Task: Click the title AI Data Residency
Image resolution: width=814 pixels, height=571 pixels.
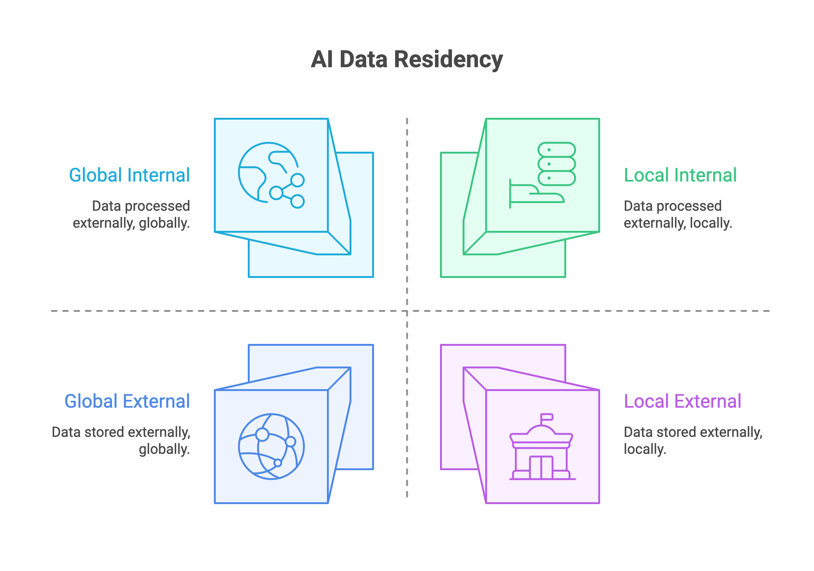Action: (x=407, y=59)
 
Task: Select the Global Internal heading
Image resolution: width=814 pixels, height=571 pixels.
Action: (x=129, y=175)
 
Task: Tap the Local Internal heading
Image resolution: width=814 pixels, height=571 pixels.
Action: (x=680, y=175)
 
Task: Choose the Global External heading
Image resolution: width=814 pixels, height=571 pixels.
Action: (x=127, y=401)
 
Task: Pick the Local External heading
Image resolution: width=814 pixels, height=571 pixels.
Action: (x=682, y=401)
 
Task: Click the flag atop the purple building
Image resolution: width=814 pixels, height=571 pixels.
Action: (x=547, y=416)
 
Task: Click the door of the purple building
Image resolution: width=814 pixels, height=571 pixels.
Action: (x=541, y=467)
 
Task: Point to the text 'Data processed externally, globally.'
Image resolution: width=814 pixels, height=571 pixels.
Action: (x=132, y=215)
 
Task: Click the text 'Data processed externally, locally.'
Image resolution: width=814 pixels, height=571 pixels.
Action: (x=677, y=215)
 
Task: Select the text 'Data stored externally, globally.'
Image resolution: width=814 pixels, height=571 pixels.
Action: (x=121, y=440)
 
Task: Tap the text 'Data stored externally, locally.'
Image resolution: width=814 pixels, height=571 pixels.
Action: (x=693, y=440)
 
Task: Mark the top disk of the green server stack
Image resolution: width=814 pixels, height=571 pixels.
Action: (x=556, y=150)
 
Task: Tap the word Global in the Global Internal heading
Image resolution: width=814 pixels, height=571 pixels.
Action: (x=96, y=175)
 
